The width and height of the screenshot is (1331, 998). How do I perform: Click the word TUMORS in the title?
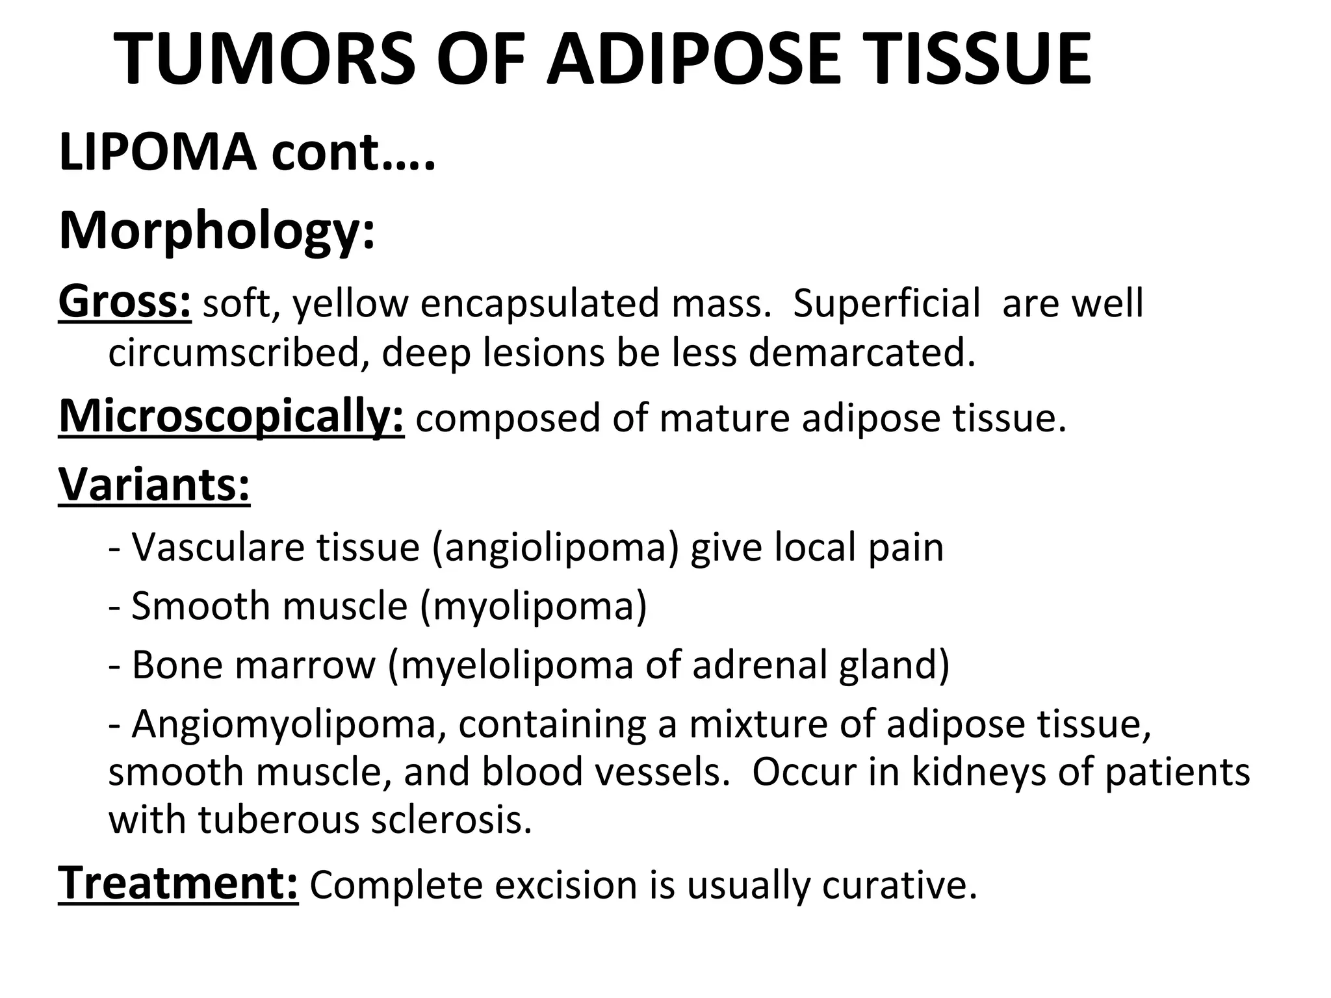click(265, 60)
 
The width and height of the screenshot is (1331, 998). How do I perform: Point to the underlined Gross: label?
click(125, 303)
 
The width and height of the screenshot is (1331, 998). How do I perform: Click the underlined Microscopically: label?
click(231, 417)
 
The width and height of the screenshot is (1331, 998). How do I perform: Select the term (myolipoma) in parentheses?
click(534, 606)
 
